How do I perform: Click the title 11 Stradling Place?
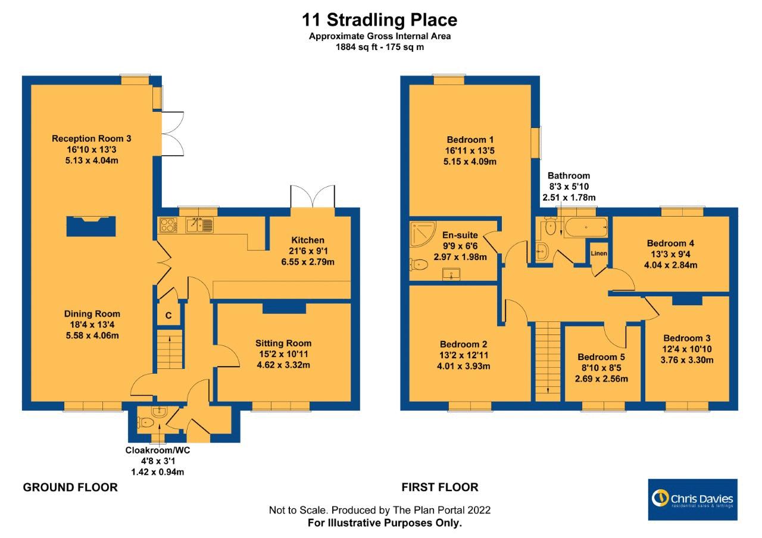tap(379, 20)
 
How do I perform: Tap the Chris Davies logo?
tap(692, 499)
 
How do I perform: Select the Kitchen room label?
tap(308, 240)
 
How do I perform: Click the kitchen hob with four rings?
tap(168, 225)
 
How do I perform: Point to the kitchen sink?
tap(199, 225)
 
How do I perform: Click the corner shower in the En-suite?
tap(423, 234)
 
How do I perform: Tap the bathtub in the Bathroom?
tap(585, 227)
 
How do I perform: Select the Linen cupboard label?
tap(599, 254)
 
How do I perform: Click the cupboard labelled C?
tap(168, 315)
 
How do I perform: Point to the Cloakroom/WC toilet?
tap(146, 423)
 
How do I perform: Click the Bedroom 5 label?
tap(601, 357)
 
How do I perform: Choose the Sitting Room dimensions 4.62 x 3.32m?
tap(283, 365)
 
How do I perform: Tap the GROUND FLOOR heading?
tap(70, 487)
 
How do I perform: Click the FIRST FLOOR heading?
tap(440, 487)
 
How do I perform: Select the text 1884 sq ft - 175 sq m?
tap(380, 47)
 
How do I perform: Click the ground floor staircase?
tap(170, 349)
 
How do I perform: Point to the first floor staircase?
tap(548, 361)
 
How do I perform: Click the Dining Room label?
tap(92, 314)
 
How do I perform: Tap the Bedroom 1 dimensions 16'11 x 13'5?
tap(470, 151)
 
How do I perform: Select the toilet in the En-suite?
tap(419, 264)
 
